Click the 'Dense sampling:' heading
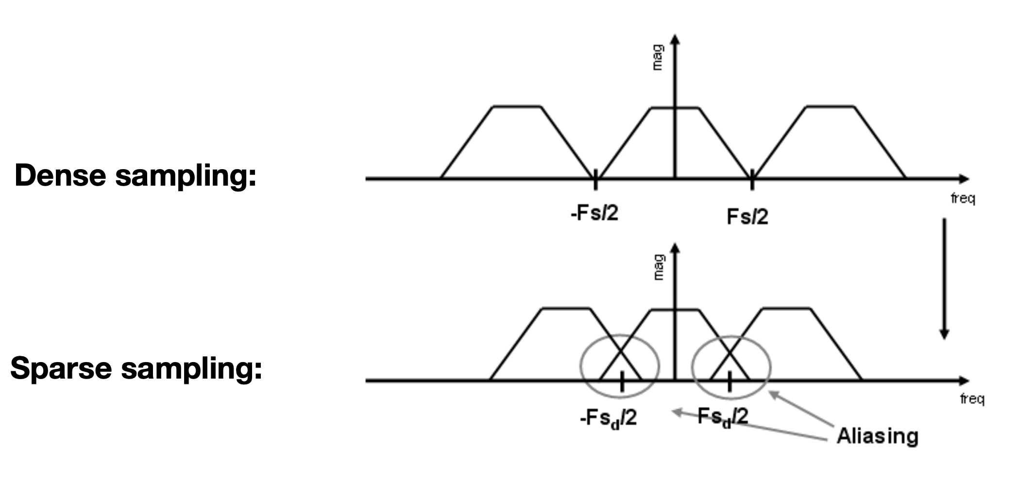(136, 175)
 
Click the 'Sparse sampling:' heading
(136, 368)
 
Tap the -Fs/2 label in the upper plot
(594, 213)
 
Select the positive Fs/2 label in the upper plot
(747, 216)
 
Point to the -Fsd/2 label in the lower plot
(608, 418)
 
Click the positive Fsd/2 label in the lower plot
(723, 417)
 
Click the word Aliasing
(877, 436)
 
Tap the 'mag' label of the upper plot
(657, 57)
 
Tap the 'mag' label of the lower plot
(658, 267)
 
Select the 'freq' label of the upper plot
(963, 198)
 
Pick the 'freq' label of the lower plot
(972, 399)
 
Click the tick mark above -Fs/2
(595, 181)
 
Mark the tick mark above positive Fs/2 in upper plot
(752, 181)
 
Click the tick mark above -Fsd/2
(621, 383)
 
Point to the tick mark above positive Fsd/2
(729, 383)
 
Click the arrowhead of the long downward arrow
(944, 334)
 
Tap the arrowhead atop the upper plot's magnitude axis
(674, 39)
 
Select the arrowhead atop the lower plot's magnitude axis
(674, 248)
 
